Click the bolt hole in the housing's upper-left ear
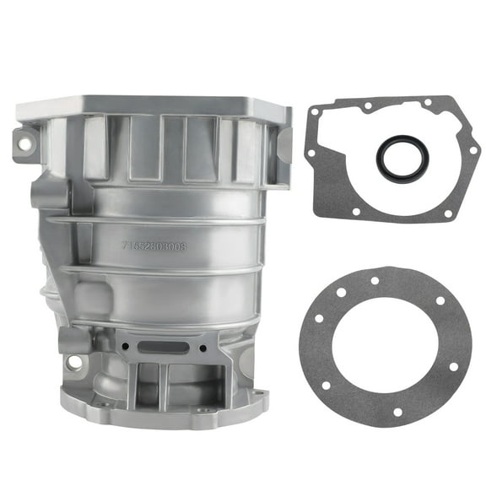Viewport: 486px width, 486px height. click(x=25, y=144)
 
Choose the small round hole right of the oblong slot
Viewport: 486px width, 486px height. click(x=202, y=346)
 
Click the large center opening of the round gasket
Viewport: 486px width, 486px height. click(x=385, y=346)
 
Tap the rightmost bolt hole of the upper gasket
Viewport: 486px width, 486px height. click(x=473, y=150)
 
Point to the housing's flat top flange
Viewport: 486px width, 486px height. click(x=152, y=105)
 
